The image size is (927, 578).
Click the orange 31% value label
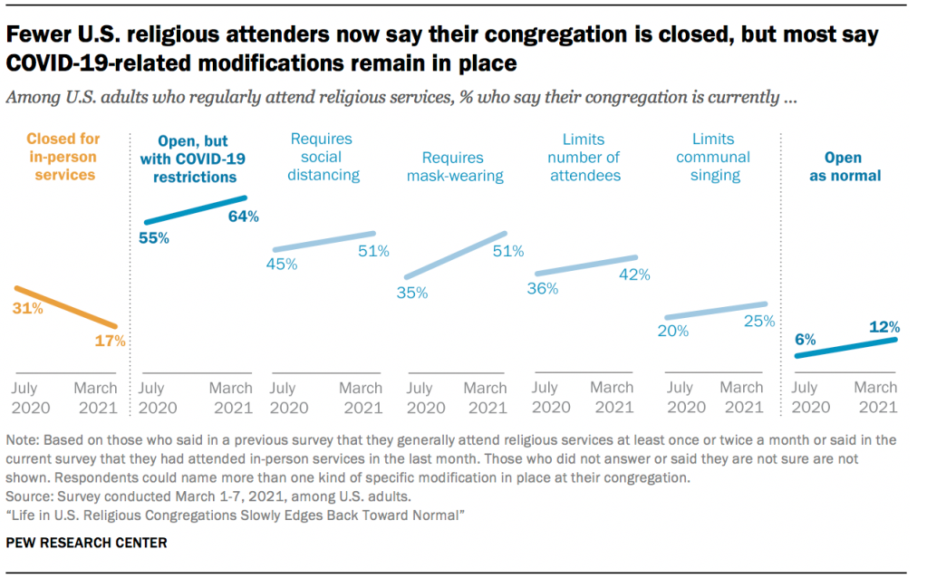(x=27, y=309)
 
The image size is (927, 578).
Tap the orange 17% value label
(x=111, y=342)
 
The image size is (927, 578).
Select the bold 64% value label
(x=243, y=217)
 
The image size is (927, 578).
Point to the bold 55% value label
(x=155, y=238)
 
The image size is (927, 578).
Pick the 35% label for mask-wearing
(x=411, y=293)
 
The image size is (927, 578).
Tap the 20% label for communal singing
(x=673, y=332)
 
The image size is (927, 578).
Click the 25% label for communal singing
(x=758, y=321)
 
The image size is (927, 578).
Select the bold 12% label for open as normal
(x=884, y=326)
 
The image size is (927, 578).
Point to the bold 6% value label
(x=806, y=340)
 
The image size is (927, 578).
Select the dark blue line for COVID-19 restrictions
(x=194, y=209)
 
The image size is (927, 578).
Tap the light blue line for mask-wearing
(x=455, y=255)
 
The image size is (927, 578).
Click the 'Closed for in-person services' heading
(x=63, y=157)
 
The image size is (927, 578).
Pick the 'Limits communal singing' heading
(x=715, y=157)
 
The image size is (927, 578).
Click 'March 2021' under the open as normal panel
(x=875, y=397)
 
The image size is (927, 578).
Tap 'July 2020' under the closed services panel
(x=31, y=397)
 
